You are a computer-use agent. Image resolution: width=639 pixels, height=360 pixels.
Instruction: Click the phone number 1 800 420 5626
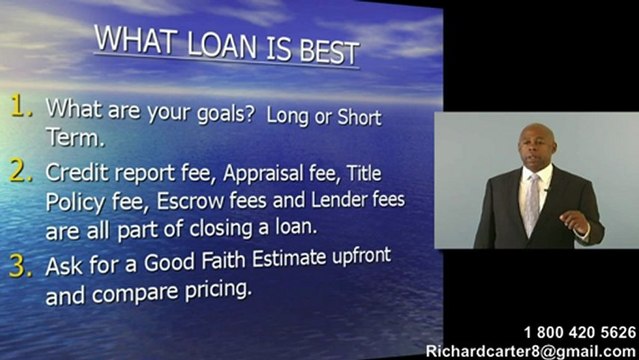[x=578, y=332]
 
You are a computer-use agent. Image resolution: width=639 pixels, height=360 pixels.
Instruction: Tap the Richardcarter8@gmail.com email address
[x=531, y=350]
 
